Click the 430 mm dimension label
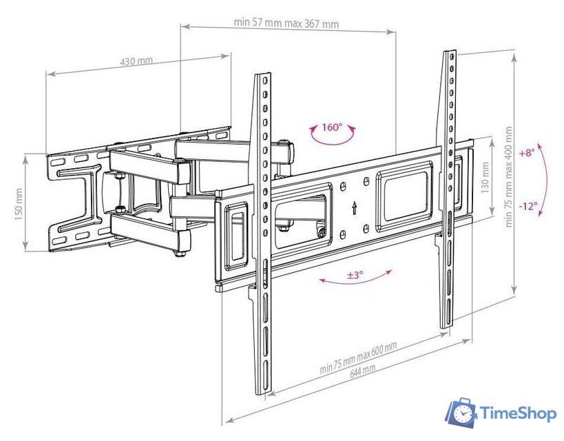(136, 61)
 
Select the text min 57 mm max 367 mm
(286, 23)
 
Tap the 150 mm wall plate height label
(19, 204)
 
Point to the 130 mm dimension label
(485, 178)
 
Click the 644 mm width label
(362, 371)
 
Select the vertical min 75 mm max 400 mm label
(508, 176)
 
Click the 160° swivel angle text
(332, 127)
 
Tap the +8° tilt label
(527, 152)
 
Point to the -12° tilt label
(528, 206)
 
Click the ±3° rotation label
(355, 275)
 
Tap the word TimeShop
(519, 413)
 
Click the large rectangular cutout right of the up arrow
(404, 197)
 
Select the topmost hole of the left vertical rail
(264, 80)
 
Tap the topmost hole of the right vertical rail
(450, 57)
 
